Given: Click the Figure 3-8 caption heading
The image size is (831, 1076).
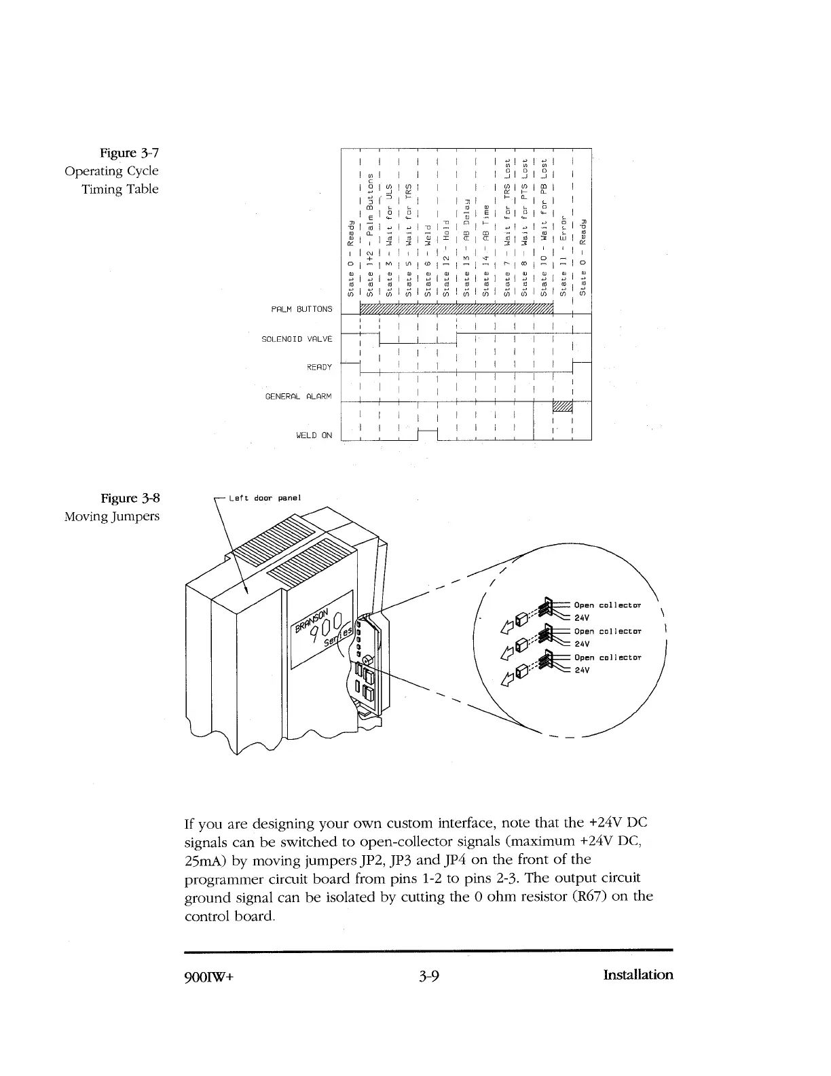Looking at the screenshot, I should click(x=130, y=498).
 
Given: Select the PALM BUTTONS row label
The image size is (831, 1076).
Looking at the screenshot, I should click(x=301, y=309).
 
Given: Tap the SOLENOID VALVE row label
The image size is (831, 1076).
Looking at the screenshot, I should click(x=297, y=338).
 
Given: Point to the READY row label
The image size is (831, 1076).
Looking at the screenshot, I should click(x=319, y=367).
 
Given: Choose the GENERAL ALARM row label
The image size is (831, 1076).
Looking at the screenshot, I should click(x=298, y=396).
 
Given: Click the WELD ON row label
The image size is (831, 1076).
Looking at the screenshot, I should click(x=314, y=435).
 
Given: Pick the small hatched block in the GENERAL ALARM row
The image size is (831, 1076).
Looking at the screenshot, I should click(x=564, y=407).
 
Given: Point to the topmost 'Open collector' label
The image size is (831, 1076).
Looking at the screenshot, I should click(x=608, y=605).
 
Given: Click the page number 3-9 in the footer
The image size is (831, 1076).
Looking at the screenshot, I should click(x=429, y=976).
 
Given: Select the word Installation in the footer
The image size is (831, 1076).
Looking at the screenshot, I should click(x=638, y=975).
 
